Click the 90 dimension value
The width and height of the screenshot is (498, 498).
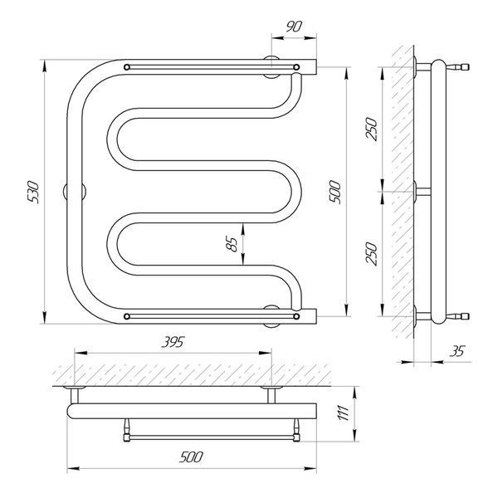click(294, 27)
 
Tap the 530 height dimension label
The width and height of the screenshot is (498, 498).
click(33, 192)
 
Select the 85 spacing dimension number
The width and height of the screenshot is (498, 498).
click(233, 244)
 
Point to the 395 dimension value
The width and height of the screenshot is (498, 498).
click(173, 342)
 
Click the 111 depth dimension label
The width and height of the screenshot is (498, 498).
click(344, 413)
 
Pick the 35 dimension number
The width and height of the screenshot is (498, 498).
click(456, 351)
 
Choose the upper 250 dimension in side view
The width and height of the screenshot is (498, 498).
click(372, 129)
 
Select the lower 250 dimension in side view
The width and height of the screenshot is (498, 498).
click(372, 253)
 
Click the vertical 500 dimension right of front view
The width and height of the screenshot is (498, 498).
click(334, 192)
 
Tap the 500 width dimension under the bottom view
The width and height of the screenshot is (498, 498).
click(191, 457)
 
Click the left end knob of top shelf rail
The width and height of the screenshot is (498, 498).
click(127, 67)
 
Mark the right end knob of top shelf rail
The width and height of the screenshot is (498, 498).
click(296, 67)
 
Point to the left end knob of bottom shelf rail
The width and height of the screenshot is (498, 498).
click(127, 316)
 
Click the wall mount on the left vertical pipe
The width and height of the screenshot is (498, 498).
click(75, 192)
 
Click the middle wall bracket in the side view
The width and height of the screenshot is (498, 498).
click(422, 192)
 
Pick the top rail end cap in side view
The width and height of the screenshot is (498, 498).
click(461, 67)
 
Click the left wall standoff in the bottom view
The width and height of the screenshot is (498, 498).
click(75, 395)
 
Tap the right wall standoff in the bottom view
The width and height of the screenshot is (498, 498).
click(271, 395)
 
